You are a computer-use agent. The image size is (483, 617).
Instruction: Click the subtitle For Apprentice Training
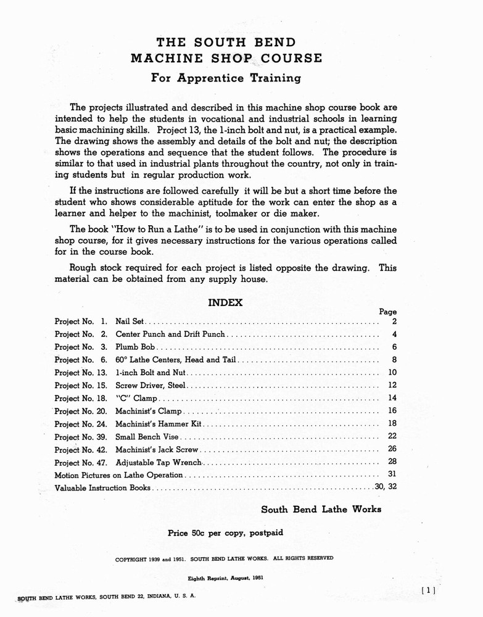point(226,78)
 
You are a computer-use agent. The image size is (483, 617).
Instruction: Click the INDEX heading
point(225,303)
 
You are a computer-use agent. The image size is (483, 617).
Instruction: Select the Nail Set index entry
point(130,321)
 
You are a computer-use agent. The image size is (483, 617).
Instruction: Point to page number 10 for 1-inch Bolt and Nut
point(392,373)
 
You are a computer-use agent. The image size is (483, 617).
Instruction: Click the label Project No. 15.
point(81,386)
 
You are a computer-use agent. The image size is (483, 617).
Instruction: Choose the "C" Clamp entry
point(136,399)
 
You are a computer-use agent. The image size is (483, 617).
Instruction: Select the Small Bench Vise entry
point(146,437)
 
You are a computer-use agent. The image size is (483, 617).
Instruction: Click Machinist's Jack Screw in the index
point(157,449)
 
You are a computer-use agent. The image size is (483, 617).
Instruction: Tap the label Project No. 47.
point(81,462)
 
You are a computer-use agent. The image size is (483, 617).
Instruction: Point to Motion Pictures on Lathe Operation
point(119,475)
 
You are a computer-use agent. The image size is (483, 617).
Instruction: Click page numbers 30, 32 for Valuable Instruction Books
point(386,487)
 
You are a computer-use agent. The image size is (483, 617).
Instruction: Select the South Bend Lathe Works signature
point(321,510)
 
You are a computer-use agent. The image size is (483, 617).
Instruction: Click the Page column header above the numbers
point(387,312)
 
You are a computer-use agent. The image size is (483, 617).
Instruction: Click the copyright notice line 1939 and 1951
point(225,558)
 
